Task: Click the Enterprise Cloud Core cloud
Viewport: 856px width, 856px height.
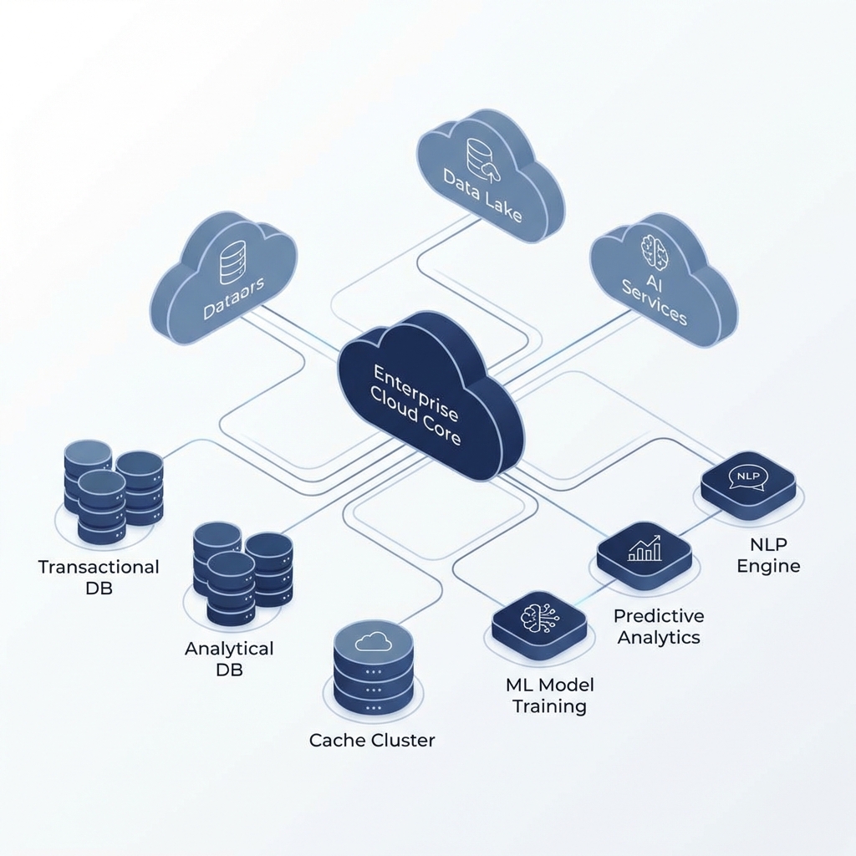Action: point(426,401)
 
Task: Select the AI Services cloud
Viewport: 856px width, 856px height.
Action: point(660,288)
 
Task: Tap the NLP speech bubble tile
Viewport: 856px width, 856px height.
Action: point(746,481)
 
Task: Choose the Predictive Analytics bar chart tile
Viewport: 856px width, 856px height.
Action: point(644,552)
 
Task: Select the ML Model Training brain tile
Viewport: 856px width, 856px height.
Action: point(538,623)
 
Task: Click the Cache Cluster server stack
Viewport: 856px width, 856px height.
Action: point(374,669)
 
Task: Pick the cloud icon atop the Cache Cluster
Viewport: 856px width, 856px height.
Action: point(373,641)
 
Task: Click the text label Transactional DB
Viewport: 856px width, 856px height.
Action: point(99,577)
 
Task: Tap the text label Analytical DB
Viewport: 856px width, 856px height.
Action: point(229,659)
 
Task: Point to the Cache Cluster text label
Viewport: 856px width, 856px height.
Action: point(372,740)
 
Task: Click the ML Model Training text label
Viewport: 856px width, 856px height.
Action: point(549,695)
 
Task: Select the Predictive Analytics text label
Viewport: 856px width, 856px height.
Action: point(659,626)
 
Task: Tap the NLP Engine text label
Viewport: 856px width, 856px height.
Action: point(768,555)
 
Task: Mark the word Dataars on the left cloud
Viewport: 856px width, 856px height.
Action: point(233,299)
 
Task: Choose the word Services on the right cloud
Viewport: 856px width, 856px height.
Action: point(655,310)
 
